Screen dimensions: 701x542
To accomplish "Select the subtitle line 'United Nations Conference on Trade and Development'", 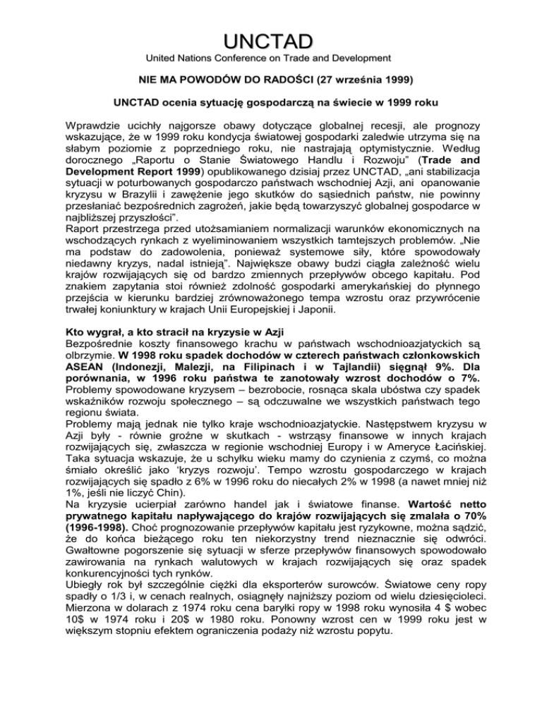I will coord(271,56).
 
